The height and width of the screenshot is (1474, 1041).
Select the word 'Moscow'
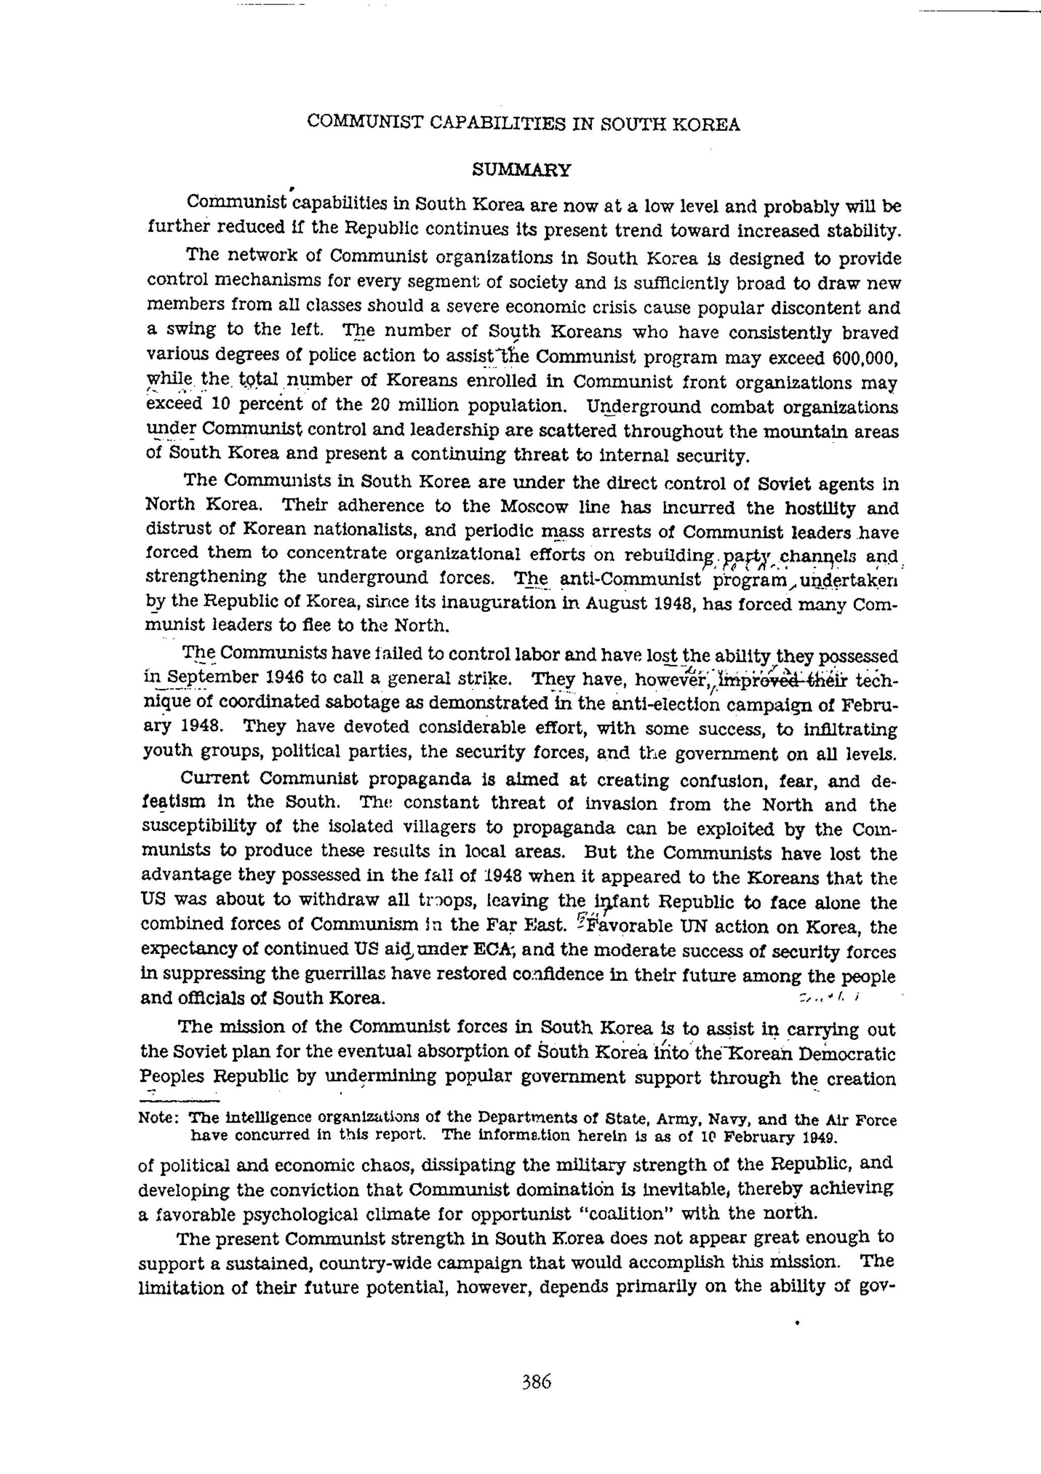pyautogui.click(x=534, y=507)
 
